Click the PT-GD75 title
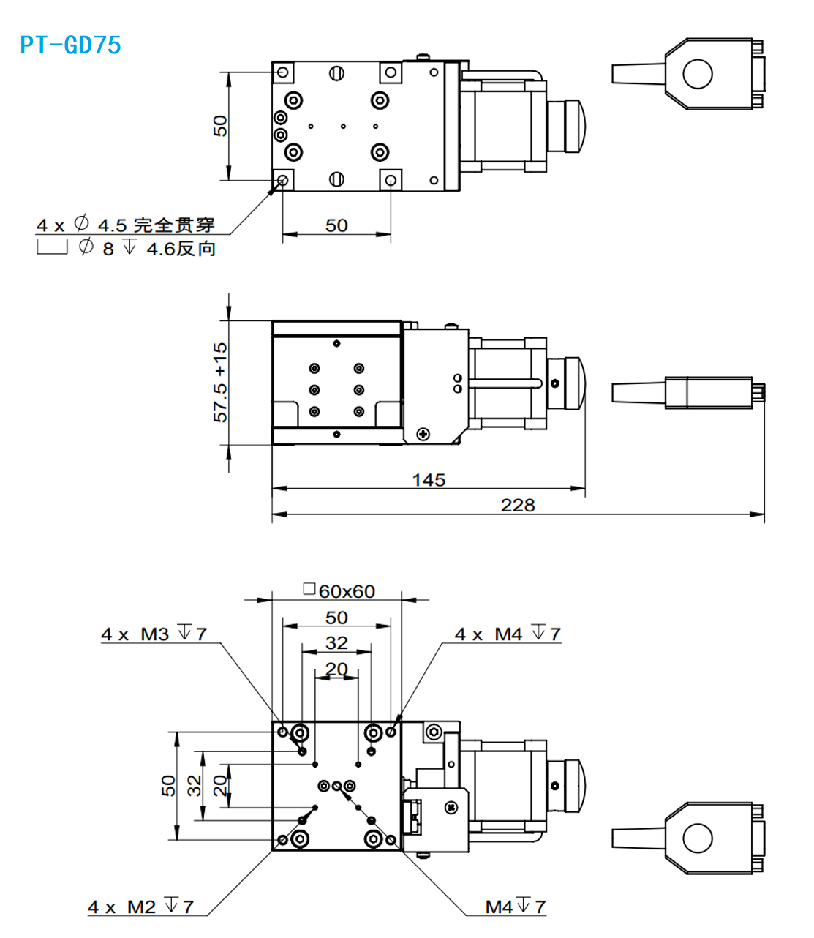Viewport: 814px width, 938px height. pyautogui.click(x=70, y=45)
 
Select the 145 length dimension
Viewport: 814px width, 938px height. pyautogui.click(x=429, y=480)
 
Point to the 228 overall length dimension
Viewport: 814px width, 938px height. pyautogui.click(x=518, y=505)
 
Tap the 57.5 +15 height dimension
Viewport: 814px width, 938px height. pyautogui.click(x=220, y=382)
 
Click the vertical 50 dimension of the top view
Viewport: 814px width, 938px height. pyautogui.click(x=220, y=126)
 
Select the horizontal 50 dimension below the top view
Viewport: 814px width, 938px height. pyautogui.click(x=336, y=225)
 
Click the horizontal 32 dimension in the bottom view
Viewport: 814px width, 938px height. pyautogui.click(x=336, y=643)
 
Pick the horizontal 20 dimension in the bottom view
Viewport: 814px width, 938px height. pyautogui.click(x=336, y=669)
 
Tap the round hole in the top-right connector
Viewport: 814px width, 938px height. pyautogui.click(x=697, y=74)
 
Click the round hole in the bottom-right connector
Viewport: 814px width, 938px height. pyautogui.click(x=697, y=838)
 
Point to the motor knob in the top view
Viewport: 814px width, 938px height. pyautogui.click(x=568, y=126)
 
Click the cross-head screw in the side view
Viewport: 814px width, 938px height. pyautogui.click(x=423, y=435)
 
